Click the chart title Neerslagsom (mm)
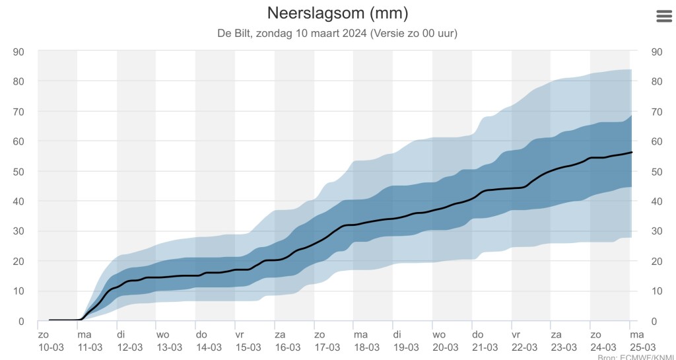click(x=337, y=13)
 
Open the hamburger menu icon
click(x=663, y=17)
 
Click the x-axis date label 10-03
click(x=50, y=347)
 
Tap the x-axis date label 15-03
click(x=248, y=347)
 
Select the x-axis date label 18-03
click(x=366, y=347)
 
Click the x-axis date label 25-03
click(x=642, y=347)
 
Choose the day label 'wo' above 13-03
click(x=162, y=334)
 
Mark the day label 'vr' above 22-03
click(x=516, y=334)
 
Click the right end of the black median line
click(x=632, y=153)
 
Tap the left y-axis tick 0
click(x=21, y=322)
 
